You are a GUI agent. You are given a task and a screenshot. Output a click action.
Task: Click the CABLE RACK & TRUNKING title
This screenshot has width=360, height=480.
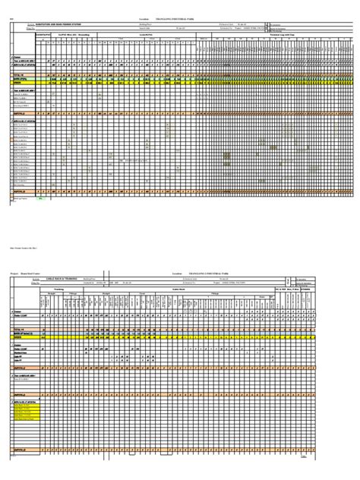(65, 279)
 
